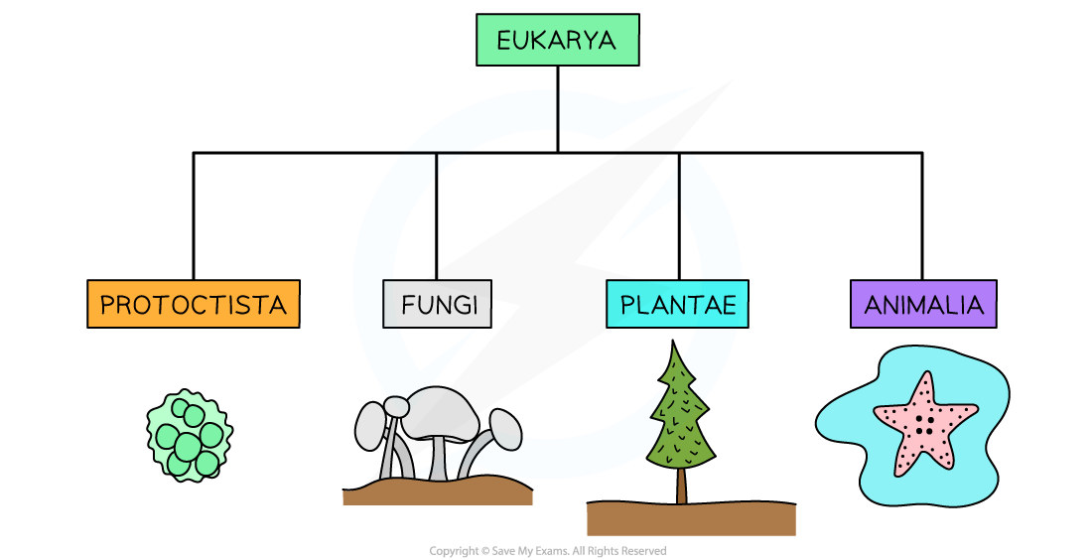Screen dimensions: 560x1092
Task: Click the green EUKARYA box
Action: coord(557,40)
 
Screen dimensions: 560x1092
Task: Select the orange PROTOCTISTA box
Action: coord(194,304)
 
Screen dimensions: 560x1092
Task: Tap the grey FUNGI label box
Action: coord(438,304)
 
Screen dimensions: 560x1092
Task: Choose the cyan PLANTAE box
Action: coord(678,304)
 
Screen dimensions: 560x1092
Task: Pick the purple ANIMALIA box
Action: coord(923,304)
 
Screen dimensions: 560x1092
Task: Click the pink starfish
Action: coord(924,422)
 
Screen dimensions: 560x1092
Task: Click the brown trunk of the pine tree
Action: coord(682,486)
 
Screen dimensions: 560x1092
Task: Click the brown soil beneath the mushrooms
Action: coord(437,491)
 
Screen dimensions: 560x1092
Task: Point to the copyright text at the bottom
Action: coord(547,551)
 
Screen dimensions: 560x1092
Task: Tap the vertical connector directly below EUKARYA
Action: coord(557,109)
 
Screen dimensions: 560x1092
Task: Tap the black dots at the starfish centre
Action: coord(923,424)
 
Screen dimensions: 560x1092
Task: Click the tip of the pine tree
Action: coord(674,345)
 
